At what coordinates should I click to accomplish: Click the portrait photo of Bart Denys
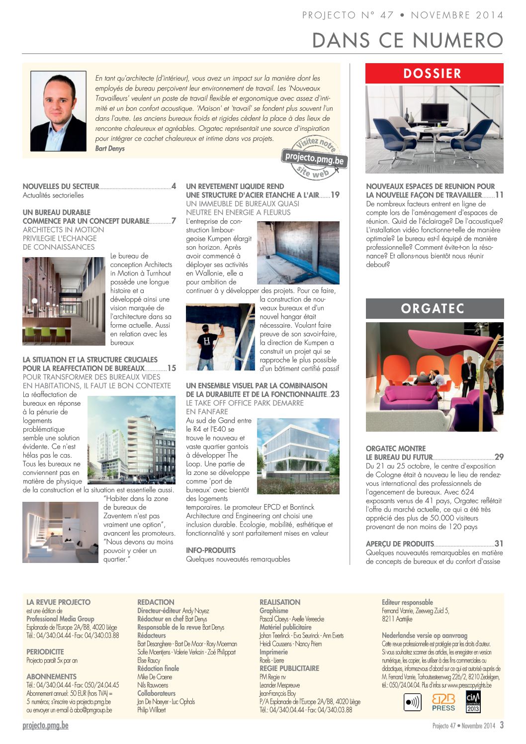point(58,111)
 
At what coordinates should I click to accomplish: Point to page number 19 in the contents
point(335,195)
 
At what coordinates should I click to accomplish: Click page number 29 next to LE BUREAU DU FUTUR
point(499,457)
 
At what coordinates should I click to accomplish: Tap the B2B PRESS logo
point(443,702)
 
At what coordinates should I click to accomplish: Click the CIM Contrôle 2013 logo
point(473,702)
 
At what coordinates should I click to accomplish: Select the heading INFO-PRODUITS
point(211,551)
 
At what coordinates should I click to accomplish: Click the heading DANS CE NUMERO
point(408,40)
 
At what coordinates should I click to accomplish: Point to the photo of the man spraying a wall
point(220,337)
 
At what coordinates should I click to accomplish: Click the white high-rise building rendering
point(131,440)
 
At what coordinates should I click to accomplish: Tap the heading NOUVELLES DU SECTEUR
point(61,186)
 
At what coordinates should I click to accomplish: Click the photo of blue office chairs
point(434,129)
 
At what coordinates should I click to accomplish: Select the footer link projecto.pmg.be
point(45,726)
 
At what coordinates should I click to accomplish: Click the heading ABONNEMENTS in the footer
point(51,676)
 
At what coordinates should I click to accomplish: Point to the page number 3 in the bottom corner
point(502,725)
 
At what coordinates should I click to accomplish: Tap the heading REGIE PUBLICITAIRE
point(289,668)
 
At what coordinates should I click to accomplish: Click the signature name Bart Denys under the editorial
point(110,149)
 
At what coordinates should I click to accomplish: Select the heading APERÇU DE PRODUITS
point(400,544)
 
